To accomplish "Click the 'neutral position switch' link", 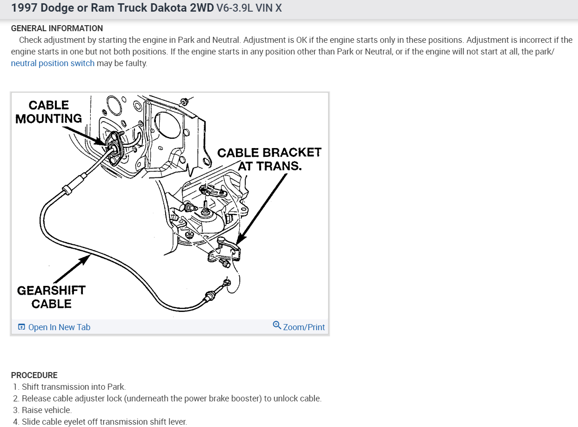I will (53, 63).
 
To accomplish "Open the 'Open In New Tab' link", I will (59, 327).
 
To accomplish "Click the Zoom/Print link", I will (304, 327).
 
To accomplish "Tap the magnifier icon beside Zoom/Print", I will (277, 325).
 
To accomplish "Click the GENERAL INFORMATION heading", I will (57, 28).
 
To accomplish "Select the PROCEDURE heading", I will (34, 375).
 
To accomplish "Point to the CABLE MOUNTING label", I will (48, 112).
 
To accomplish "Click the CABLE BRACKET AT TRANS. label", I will (269, 159).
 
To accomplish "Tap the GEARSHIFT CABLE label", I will (51, 297).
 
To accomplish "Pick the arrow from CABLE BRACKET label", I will (261, 210).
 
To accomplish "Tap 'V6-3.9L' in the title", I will (235, 8).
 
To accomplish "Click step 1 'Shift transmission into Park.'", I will (74, 387).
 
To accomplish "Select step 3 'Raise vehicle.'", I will (47, 410).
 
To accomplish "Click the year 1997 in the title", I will (23, 8).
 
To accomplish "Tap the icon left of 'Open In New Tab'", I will (21, 327).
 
